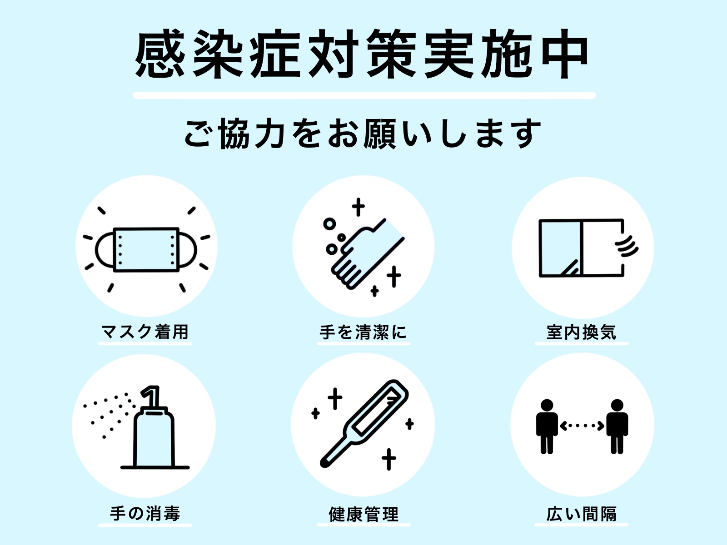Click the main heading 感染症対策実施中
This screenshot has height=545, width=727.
362,54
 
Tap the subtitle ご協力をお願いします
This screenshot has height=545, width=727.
363,134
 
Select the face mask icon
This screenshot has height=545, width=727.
146,250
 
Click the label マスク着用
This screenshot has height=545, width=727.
145,332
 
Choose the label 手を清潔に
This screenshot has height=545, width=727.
363,332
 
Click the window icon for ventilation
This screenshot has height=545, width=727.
582,248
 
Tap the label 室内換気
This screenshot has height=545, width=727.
581,332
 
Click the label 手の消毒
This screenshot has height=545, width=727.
145,514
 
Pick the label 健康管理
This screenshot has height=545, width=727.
363,514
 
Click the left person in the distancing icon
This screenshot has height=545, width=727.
547,426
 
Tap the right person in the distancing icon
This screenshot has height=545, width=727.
617,426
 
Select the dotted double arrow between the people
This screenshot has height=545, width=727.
582,426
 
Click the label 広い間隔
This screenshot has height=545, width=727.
581,514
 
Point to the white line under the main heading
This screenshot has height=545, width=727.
364,95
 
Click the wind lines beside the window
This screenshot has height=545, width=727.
627,246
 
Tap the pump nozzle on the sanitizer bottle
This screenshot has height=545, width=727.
151,396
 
